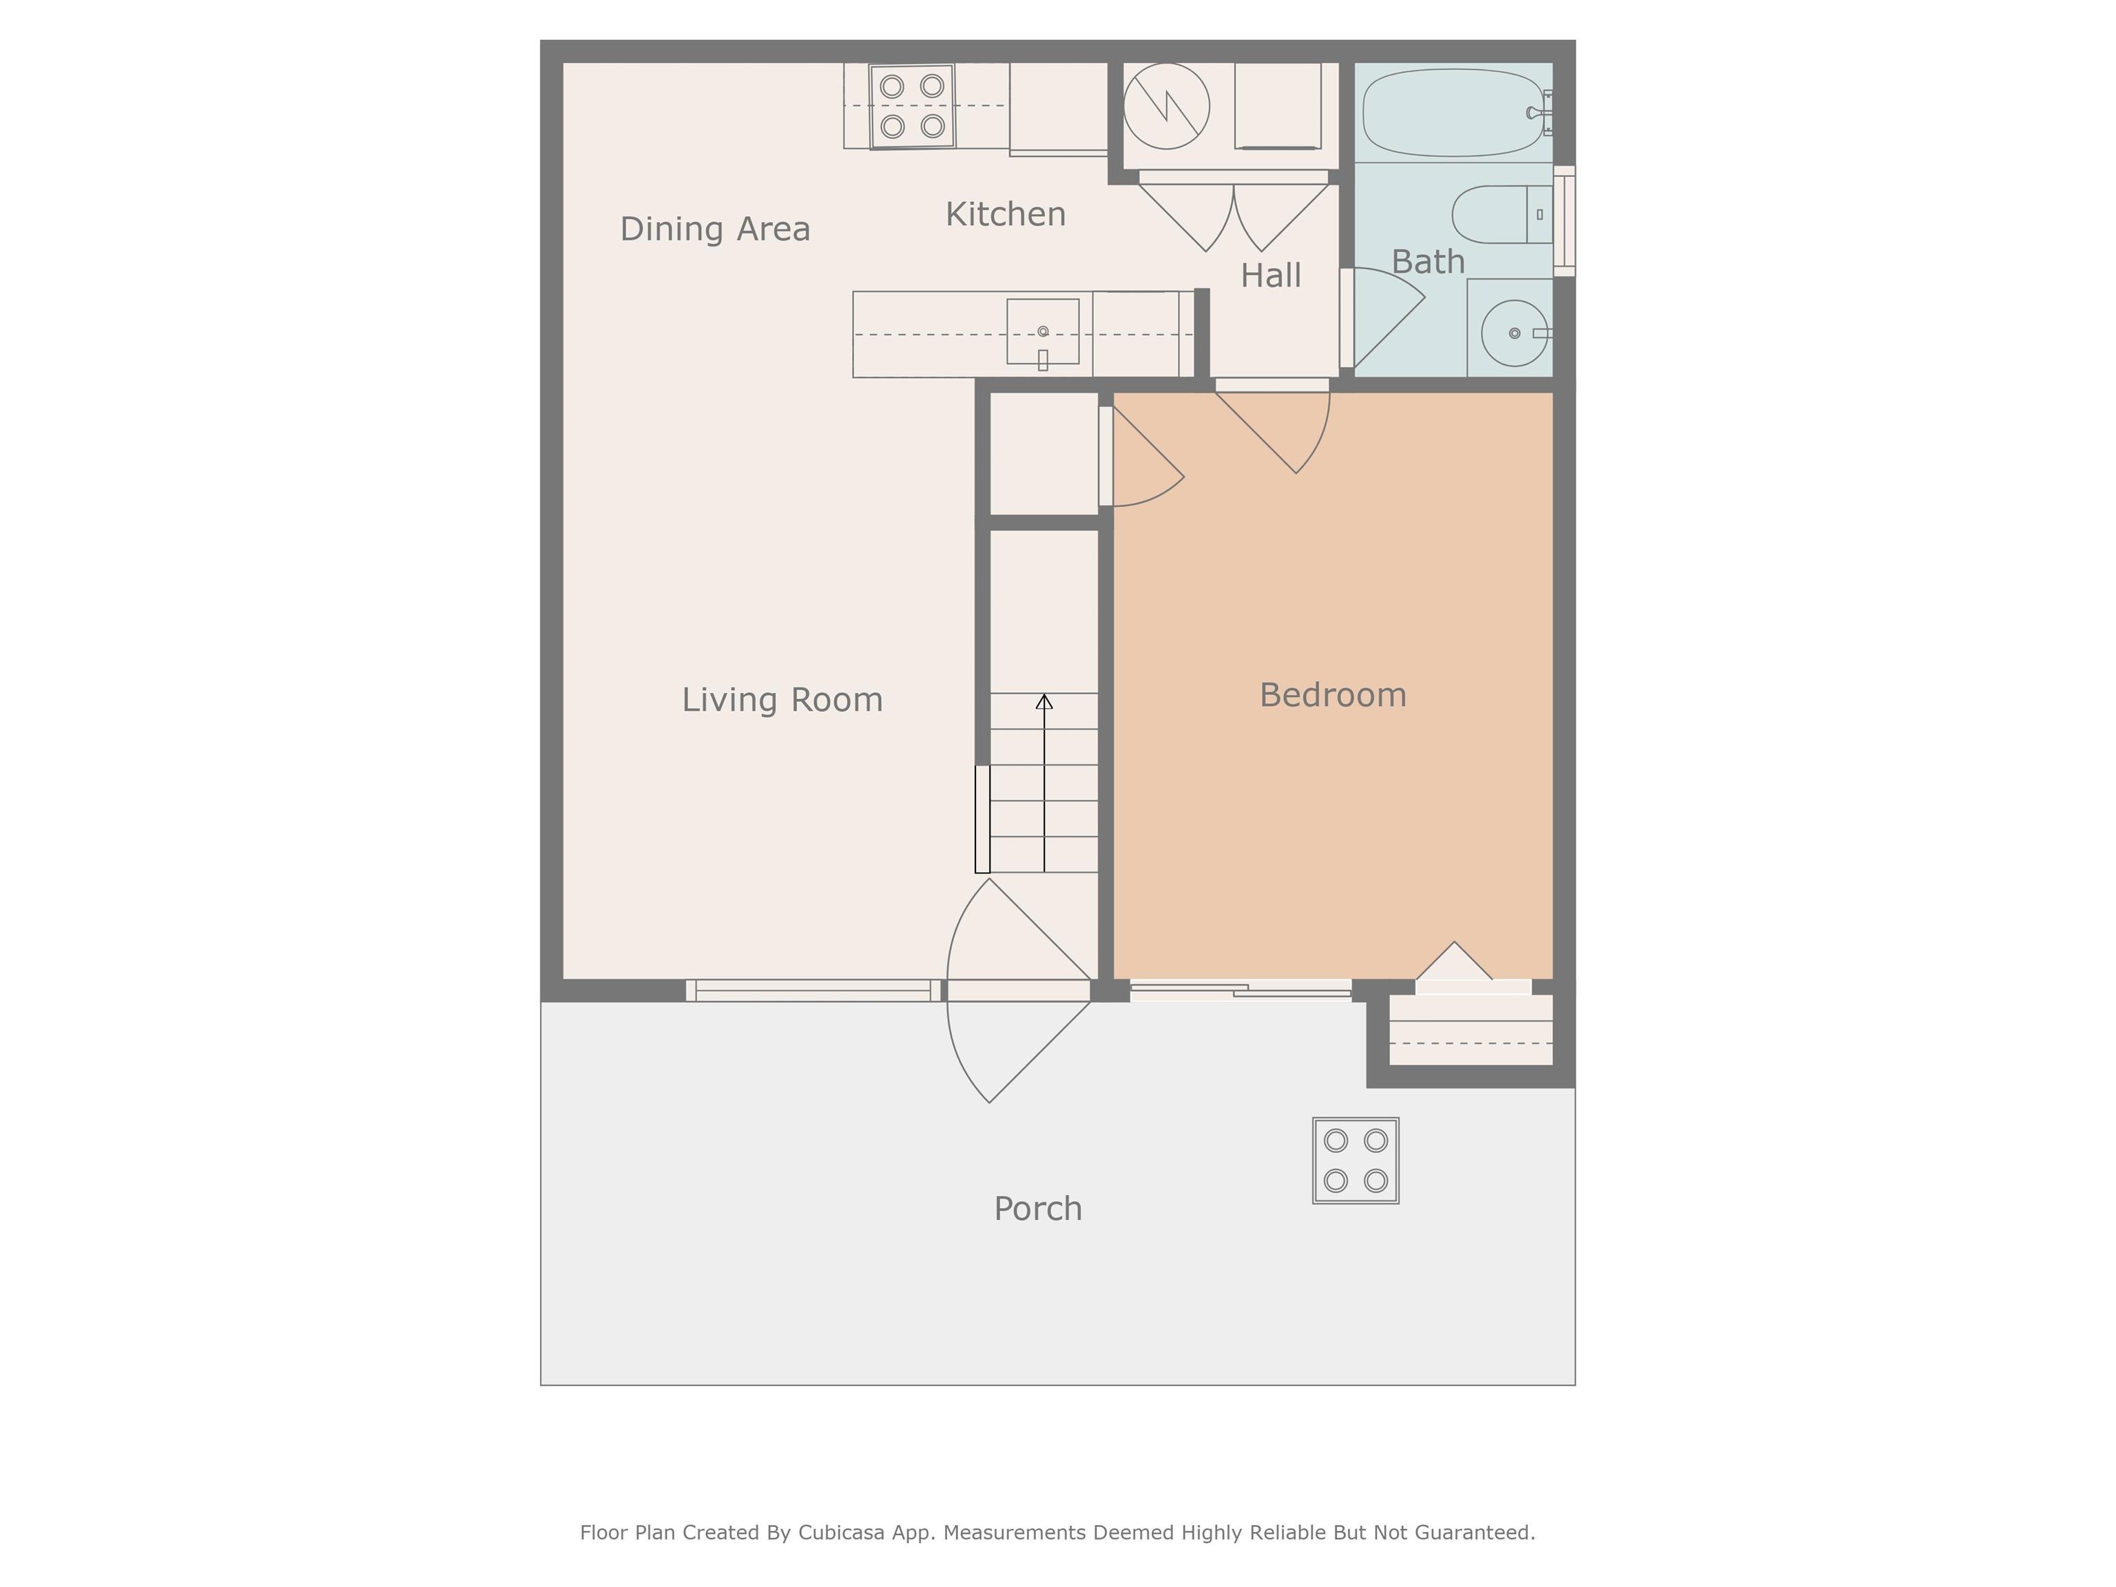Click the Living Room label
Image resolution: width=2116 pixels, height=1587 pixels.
point(782,701)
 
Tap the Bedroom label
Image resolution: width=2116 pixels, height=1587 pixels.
point(1333,696)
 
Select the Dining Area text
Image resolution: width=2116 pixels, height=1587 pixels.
point(714,229)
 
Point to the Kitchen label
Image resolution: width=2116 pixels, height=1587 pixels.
point(1006,214)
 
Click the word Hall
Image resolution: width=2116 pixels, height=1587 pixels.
point(1270,276)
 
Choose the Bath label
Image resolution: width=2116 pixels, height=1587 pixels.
point(1427,261)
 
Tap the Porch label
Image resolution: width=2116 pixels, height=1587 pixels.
point(1038,1209)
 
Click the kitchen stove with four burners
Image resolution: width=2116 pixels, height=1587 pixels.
point(913,106)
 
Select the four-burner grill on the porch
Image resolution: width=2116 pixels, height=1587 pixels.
point(1356,1161)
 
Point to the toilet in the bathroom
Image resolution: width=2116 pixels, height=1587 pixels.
point(1502,214)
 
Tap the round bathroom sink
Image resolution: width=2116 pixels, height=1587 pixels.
point(1514,333)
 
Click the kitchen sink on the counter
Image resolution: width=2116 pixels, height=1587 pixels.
point(1043,332)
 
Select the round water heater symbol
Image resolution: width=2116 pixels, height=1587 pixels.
point(1166,106)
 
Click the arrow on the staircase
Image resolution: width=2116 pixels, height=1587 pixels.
point(1045,782)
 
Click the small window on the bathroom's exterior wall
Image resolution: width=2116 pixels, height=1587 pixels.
point(1564,221)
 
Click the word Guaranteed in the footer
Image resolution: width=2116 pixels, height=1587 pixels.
point(1474,1533)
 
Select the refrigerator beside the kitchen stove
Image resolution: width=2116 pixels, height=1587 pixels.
point(1058,107)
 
